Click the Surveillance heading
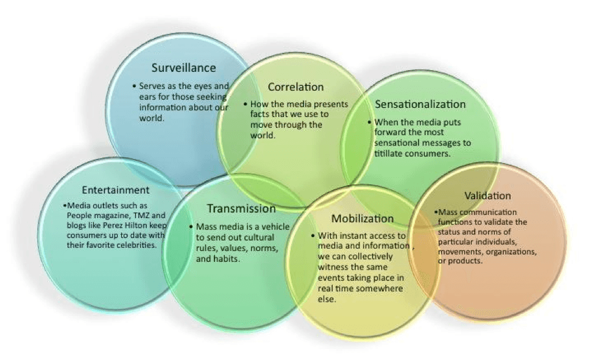[183, 68]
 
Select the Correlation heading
[296, 87]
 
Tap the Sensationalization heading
[420, 104]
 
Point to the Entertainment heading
[116, 190]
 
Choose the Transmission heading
[241, 208]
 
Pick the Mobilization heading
[363, 218]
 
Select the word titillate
[391, 154]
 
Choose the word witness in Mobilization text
[333, 267]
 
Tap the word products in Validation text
[466, 261]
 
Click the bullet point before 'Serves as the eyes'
[135, 86]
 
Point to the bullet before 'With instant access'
[313, 235]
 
